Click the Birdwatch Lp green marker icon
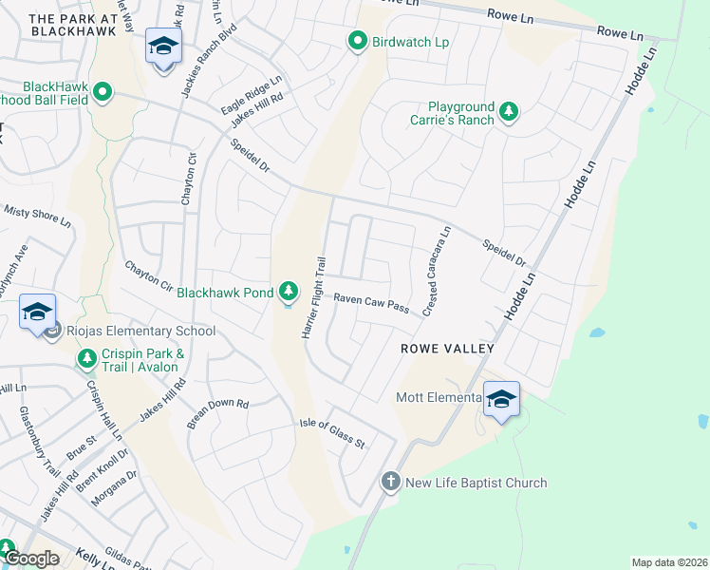tap(357, 42)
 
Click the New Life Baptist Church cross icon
tap(389, 483)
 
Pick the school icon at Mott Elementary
tap(500, 399)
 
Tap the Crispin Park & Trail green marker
tap(86, 359)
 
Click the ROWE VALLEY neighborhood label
tap(447, 349)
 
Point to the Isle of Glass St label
tap(332, 433)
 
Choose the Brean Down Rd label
tap(217, 415)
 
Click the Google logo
tap(31, 559)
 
